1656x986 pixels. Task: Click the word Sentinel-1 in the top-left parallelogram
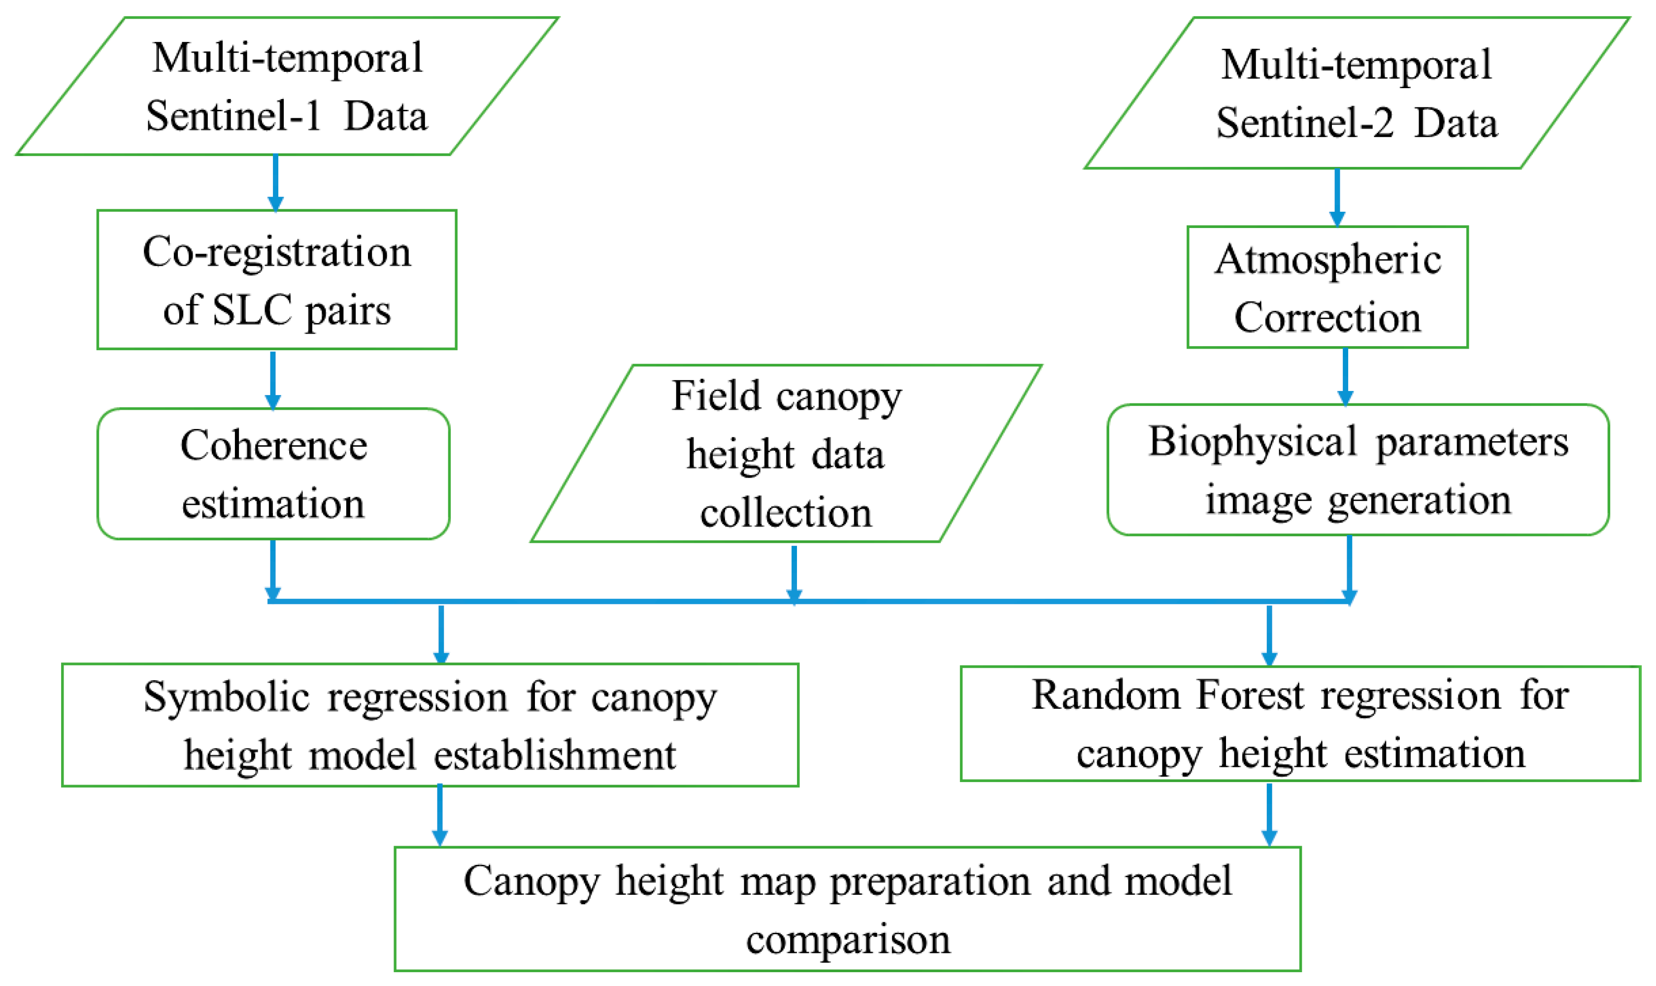pos(232,117)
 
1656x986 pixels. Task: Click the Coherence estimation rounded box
pos(273,474)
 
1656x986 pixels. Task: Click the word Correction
pos(1328,318)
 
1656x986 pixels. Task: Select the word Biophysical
pos(1253,442)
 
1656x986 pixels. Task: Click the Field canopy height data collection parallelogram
pos(786,454)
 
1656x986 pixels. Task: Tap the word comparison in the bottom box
pos(848,940)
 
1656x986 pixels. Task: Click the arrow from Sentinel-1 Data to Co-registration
pos(276,182)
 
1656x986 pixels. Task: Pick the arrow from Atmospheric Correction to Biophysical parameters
pos(1345,376)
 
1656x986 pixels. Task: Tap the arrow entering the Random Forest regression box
pos(1269,634)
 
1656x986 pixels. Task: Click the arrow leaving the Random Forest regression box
pos(1269,814)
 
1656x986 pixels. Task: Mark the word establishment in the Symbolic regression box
pos(555,756)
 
